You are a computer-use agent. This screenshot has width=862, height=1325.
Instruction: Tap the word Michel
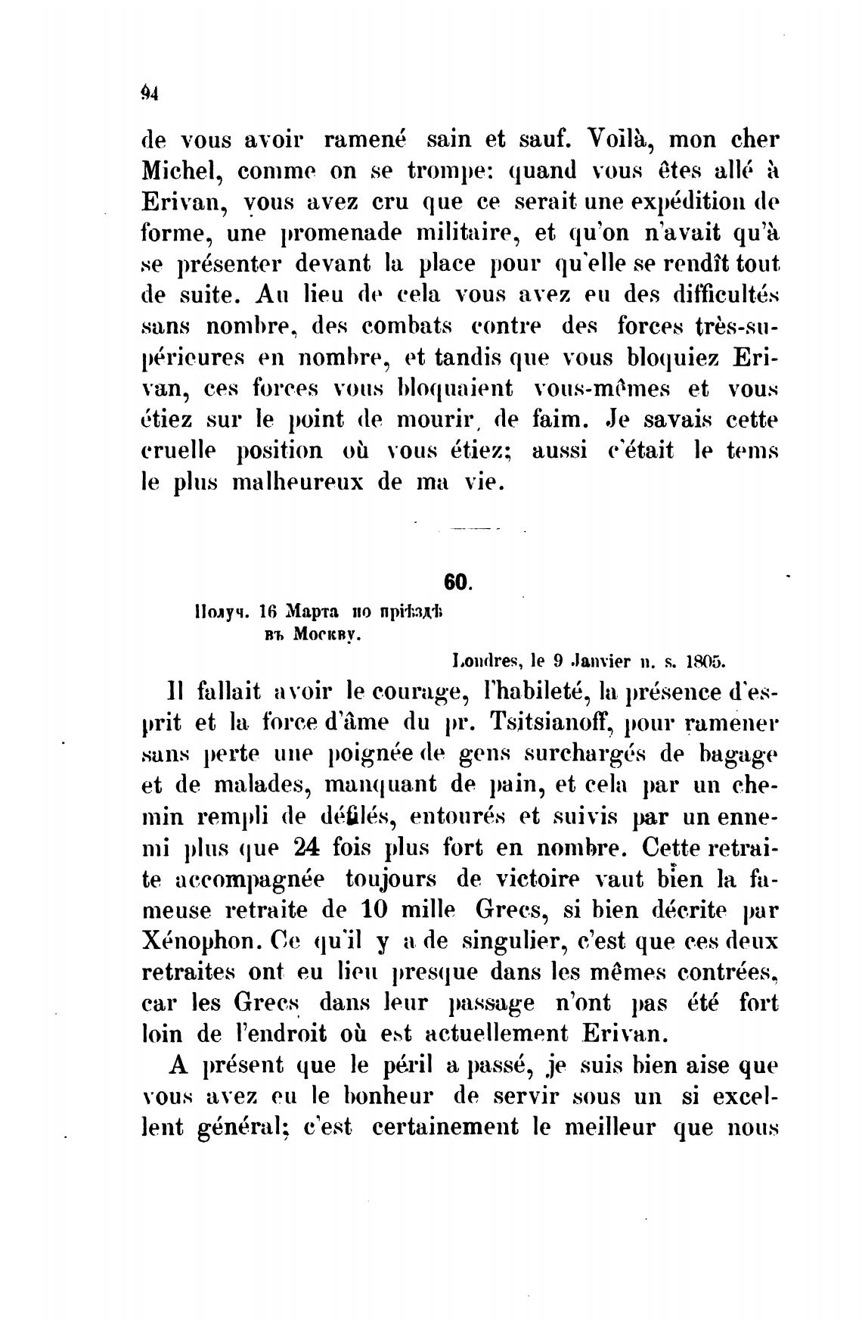tap(179, 171)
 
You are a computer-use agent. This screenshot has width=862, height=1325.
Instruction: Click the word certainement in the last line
tap(446, 1127)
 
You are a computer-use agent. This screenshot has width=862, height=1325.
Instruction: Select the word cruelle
tap(179, 451)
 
